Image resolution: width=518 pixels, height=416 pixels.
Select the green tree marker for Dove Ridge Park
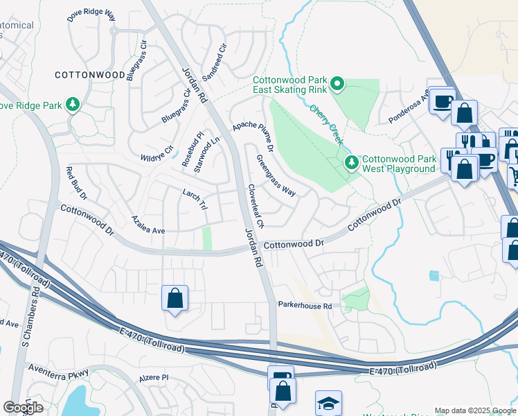click(72, 105)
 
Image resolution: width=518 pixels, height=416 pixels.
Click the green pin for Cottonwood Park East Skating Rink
click(337, 85)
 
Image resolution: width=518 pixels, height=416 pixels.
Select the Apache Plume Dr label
click(253, 134)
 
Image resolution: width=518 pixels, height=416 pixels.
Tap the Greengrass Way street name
click(276, 175)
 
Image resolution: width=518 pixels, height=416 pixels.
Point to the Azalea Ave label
click(149, 224)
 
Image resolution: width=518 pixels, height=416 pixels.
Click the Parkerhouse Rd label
click(305, 305)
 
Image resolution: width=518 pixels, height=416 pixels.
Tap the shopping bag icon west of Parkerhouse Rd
click(175, 299)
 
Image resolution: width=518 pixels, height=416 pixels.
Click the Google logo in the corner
click(24, 408)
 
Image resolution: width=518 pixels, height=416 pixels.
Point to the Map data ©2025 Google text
click(474, 410)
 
